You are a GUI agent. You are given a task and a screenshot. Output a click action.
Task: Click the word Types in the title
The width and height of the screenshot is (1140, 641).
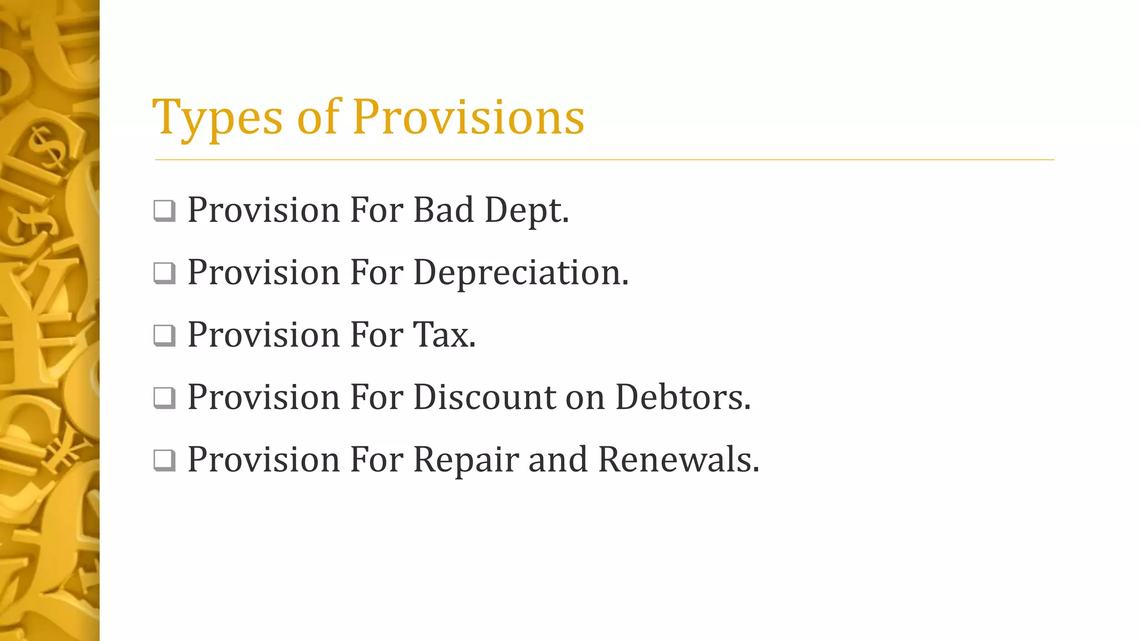[217, 118]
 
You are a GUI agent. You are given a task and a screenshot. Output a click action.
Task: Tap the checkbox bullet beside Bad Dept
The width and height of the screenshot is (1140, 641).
[164, 211]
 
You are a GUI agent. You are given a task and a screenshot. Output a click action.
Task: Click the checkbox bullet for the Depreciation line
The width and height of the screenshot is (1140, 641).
[164, 273]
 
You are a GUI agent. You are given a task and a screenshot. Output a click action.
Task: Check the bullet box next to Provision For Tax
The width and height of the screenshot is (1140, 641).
[164, 336]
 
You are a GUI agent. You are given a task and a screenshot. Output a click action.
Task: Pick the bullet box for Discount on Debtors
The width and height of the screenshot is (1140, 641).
[164, 398]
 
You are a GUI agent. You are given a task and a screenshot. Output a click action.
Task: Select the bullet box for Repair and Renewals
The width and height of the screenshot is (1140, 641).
[164, 460]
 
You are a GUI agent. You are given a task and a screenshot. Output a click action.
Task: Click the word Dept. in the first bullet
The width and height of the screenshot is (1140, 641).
[527, 211]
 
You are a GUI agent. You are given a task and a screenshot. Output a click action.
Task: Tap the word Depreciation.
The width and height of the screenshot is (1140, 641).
[520, 273]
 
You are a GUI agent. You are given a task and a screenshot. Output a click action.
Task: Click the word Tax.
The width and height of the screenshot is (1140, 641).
[444, 335]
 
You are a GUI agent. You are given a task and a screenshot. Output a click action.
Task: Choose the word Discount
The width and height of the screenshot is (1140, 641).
[484, 397]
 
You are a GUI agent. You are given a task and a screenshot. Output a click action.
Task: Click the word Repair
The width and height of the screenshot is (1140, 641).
[465, 461]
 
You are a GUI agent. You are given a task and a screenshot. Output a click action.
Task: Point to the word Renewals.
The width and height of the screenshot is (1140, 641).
[679, 460]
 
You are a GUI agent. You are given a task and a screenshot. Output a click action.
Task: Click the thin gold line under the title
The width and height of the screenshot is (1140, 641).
[605, 160]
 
